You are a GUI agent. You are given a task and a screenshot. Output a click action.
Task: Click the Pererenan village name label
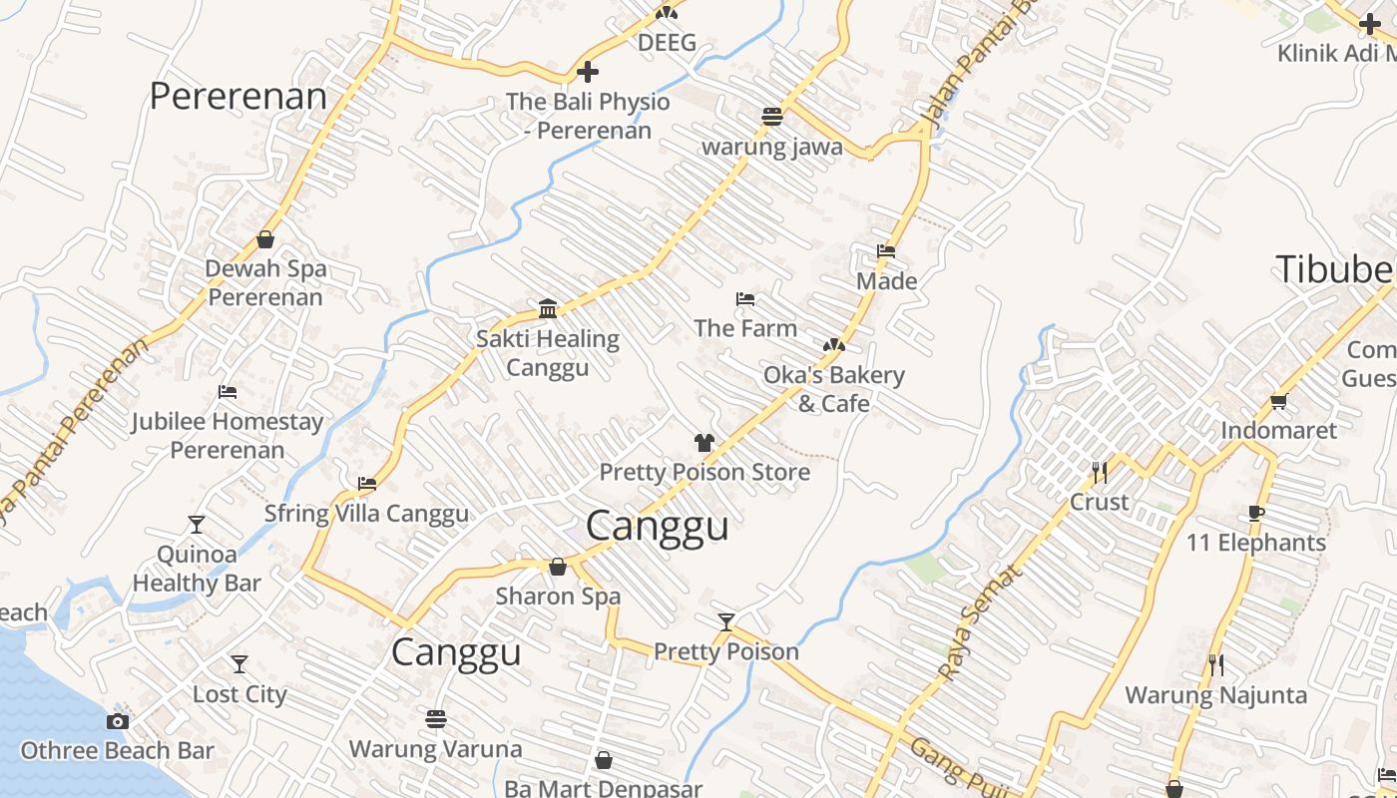[238, 97]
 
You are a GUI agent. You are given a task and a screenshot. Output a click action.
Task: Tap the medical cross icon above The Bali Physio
[588, 72]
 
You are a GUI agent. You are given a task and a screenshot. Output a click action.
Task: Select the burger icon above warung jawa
[771, 117]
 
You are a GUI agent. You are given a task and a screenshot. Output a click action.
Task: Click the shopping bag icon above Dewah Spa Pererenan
[265, 239]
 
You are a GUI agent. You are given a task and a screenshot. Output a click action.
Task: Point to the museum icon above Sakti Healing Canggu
[547, 308]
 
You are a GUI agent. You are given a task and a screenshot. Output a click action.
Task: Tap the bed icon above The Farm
[744, 298]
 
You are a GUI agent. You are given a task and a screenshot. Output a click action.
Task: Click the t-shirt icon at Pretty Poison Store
[704, 443]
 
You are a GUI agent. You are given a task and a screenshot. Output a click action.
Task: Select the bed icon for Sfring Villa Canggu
[367, 484]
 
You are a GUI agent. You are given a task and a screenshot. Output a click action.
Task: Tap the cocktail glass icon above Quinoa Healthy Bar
[197, 525]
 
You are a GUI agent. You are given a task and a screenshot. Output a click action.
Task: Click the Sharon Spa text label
[558, 597]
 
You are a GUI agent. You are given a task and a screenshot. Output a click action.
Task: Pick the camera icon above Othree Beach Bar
[118, 721]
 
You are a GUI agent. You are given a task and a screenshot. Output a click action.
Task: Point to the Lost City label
[239, 694]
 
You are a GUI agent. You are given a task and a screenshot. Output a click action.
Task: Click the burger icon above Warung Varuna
[435, 718]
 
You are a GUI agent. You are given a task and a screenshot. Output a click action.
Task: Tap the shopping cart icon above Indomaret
[1278, 401]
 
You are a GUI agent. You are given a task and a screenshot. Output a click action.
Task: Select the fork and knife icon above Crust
[1099, 473]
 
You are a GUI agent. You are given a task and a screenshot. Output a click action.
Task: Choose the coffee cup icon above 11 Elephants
[1255, 514]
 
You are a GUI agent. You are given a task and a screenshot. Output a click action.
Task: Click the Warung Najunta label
[1215, 694]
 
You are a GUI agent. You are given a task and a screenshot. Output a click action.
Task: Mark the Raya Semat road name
[981, 622]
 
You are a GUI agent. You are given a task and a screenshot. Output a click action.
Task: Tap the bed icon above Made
[886, 251]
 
